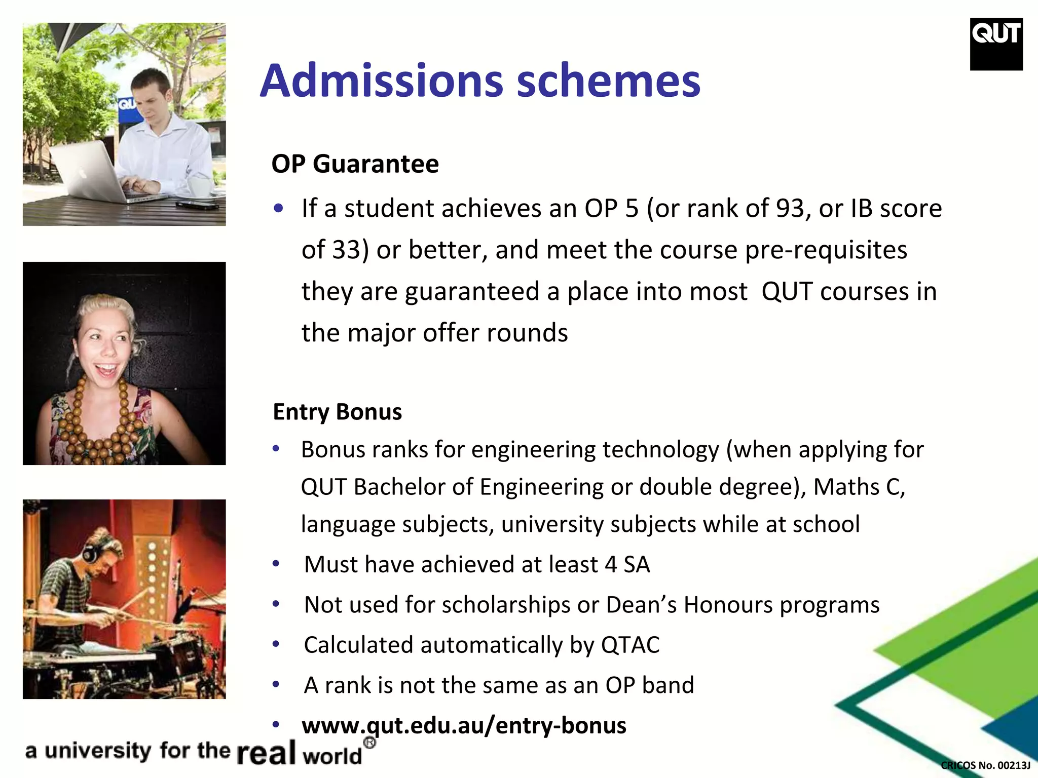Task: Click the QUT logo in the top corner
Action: (x=996, y=44)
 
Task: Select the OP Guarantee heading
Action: (x=355, y=164)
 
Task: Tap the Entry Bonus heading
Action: (x=337, y=411)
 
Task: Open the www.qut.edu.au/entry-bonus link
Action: (x=464, y=725)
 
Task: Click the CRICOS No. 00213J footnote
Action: (x=985, y=765)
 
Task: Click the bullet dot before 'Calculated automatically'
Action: (x=276, y=644)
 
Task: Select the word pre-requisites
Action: (x=826, y=250)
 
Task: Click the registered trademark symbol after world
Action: (x=370, y=743)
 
